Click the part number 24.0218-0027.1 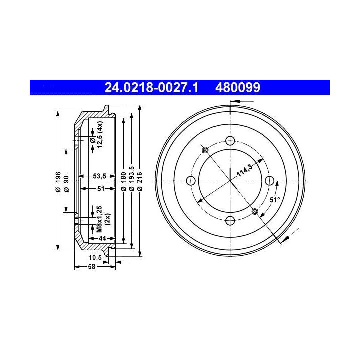pos(151,88)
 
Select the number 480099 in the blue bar pos(238,88)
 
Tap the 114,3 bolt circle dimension pos(244,170)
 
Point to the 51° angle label pos(275,200)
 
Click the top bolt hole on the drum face pos(230,140)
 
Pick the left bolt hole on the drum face pos(191,181)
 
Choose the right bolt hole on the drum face pos(270,181)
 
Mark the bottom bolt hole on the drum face pos(230,221)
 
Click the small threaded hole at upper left pos(205,150)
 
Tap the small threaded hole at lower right pos(255,211)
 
